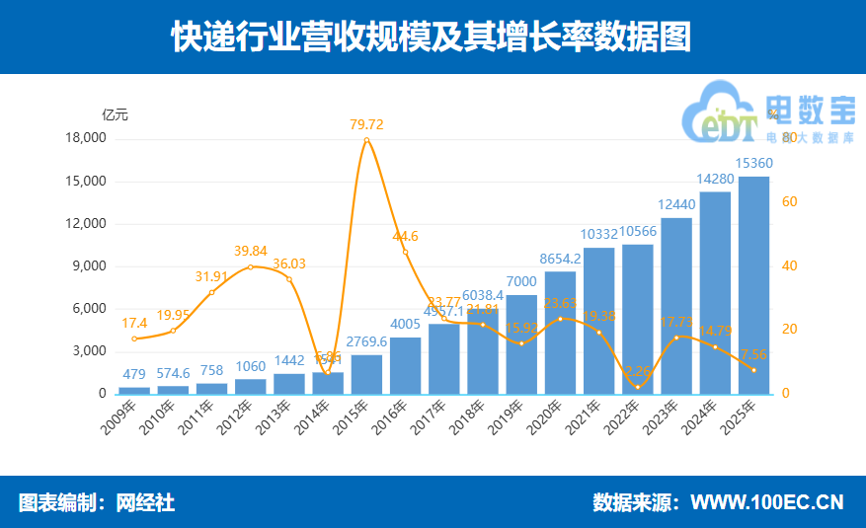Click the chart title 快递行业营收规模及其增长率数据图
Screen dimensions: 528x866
432,37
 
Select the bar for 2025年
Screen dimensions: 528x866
754,285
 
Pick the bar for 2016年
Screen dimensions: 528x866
405,365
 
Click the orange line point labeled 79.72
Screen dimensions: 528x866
366,140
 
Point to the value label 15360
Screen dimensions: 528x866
754,163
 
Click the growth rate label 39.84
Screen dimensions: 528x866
251,251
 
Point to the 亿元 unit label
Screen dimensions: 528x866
115,113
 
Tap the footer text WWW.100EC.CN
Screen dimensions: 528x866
766,502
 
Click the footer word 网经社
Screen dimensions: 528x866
145,502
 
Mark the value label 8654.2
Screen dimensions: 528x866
560,259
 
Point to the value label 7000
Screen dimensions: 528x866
521,281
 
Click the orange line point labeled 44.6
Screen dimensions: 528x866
405,253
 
